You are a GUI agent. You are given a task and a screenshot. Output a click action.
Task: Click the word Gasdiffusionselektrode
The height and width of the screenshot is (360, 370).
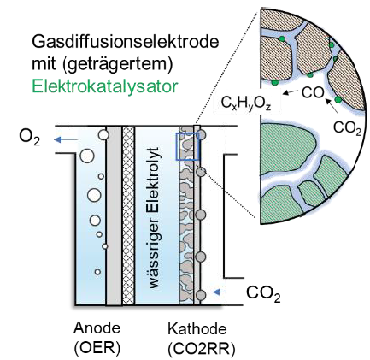tap(126, 43)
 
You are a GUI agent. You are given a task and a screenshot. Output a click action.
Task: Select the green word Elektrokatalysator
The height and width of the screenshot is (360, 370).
tap(105, 86)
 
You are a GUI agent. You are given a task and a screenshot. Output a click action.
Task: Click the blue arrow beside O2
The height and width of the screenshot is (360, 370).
tap(66, 139)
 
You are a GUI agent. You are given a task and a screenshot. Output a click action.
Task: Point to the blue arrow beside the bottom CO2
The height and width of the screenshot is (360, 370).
tap(226, 292)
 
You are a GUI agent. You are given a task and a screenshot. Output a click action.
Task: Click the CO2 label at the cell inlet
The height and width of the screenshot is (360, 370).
tap(263, 293)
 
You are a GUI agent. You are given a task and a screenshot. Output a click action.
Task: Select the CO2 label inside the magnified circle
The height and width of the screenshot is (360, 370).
tap(347, 128)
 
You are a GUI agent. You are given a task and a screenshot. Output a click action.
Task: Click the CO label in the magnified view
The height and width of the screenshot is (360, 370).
tap(313, 93)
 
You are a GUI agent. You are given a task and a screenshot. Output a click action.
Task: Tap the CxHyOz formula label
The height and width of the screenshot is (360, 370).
tap(246, 103)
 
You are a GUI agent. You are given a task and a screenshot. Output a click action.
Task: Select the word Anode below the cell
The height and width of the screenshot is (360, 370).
tap(97, 328)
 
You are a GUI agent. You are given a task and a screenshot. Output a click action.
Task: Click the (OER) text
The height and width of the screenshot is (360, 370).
tap(97, 348)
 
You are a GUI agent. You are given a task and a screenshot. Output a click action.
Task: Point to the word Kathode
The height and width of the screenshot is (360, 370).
tap(197, 329)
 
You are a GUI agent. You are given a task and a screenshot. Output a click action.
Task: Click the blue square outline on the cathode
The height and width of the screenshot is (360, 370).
tap(176, 146)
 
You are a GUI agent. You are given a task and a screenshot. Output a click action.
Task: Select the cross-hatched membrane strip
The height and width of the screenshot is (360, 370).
tap(128, 215)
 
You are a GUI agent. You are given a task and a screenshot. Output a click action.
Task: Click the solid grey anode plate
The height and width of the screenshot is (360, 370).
tap(114, 215)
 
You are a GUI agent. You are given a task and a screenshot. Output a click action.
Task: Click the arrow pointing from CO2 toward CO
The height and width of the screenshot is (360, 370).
tap(331, 105)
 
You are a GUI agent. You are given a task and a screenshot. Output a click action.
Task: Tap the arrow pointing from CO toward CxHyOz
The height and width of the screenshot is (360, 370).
tap(291, 91)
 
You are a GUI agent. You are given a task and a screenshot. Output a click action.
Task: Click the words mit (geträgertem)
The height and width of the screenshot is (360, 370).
tap(103, 64)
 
